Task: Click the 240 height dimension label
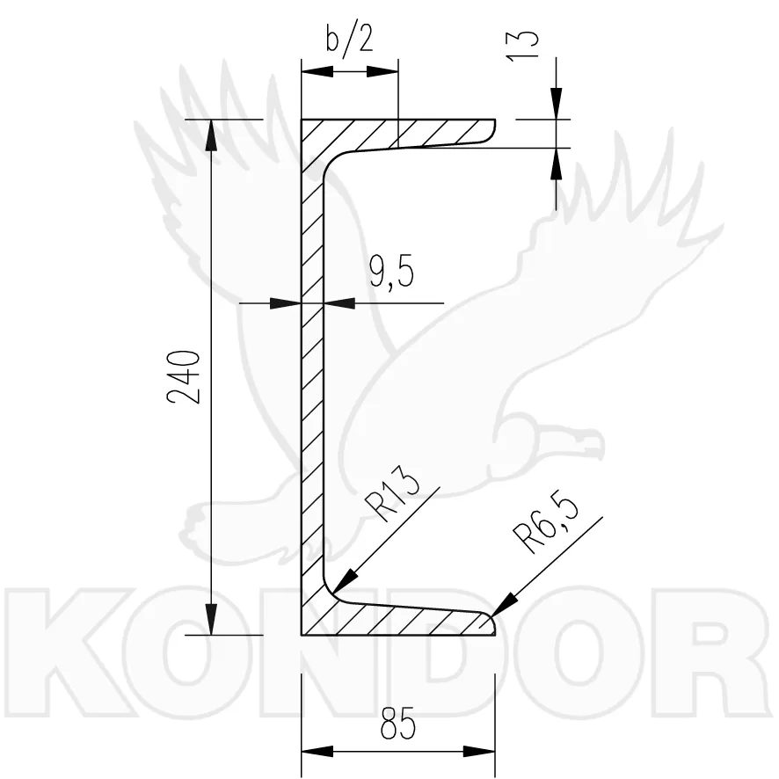[x=184, y=376]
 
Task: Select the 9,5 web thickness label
[x=392, y=273]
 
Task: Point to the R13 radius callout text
[x=392, y=495]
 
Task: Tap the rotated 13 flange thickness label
[x=521, y=47]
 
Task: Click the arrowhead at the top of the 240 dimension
[x=211, y=135]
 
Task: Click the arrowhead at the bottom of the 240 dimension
[x=211, y=620]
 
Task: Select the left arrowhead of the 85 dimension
[x=317, y=751]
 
